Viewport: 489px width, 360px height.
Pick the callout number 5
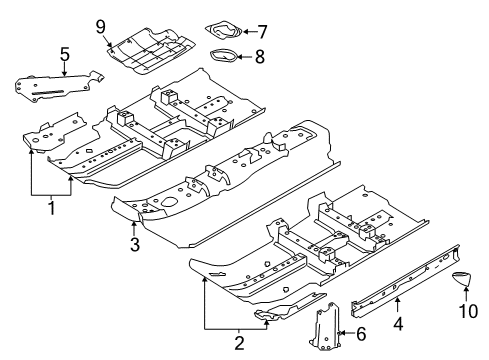click(63, 54)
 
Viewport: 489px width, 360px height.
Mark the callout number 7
click(262, 30)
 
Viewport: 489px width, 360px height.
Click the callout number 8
click(258, 57)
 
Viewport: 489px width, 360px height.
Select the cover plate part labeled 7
click(224, 31)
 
